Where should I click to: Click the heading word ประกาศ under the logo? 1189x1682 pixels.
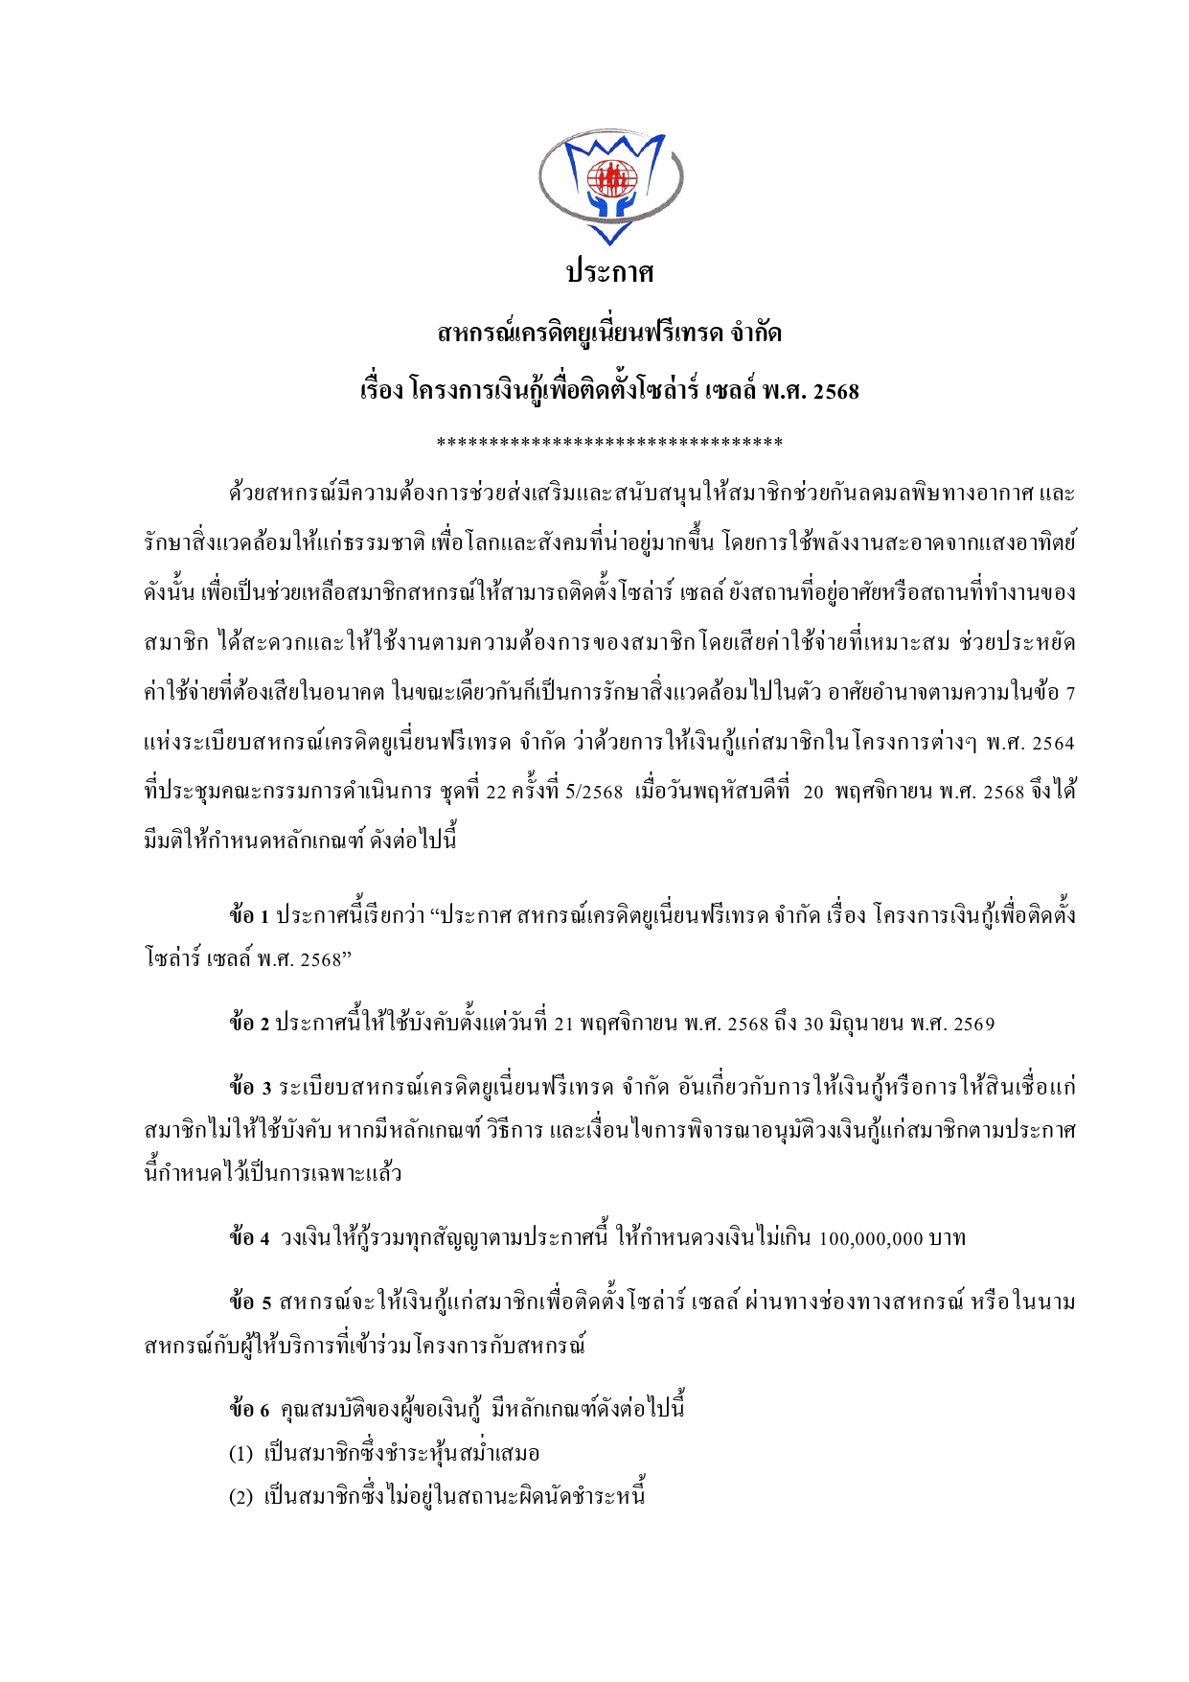pos(609,273)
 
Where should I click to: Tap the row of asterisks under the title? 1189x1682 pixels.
pos(609,442)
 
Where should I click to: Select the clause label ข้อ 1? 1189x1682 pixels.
pos(249,915)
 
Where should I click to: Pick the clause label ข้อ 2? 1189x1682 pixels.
pos(249,1024)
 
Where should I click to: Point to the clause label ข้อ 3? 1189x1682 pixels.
pos(250,1088)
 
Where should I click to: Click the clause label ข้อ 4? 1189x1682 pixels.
pos(250,1238)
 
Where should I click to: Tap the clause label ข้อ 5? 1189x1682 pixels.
pos(250,1302)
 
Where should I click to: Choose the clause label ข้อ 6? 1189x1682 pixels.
pos(250,1410)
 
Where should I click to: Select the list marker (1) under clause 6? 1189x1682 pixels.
pos(240,1454)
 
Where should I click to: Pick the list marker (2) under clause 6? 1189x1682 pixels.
pos(240,1497)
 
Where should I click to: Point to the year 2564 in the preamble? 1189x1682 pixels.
pos(1054,743)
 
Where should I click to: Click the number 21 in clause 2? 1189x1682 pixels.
pos(563,1025)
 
